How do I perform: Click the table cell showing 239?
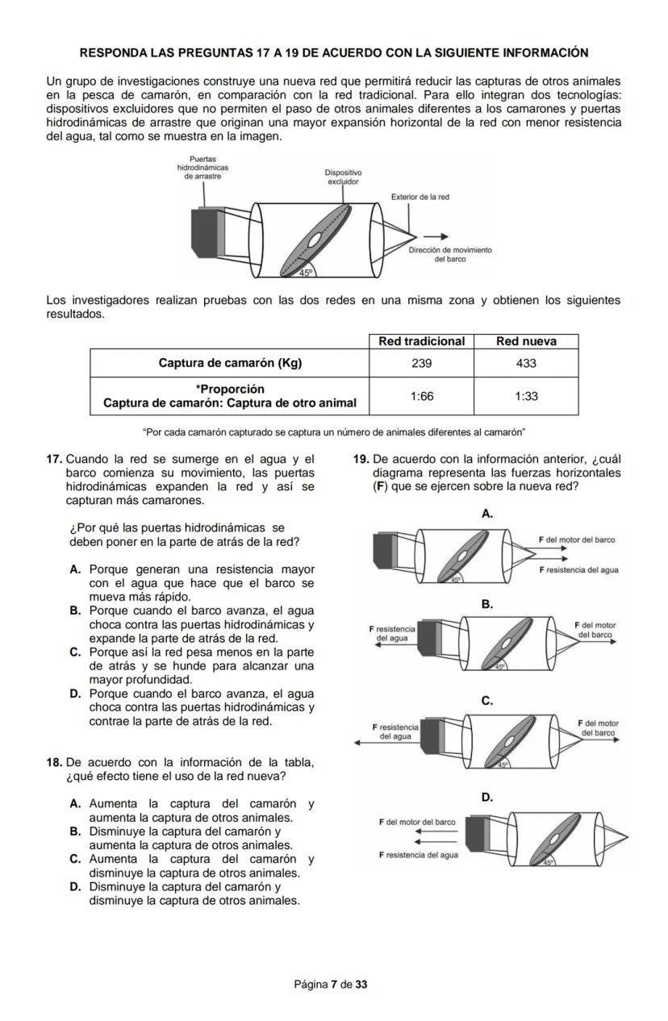click(421, 363)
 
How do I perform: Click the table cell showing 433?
click(526, 363)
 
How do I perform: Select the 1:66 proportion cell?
click(421, 396)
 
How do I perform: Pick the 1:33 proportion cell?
click(526, 396)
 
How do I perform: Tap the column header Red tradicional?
click(421, 341)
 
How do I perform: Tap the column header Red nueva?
click(526, 341)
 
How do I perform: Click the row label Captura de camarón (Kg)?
click(230, 363)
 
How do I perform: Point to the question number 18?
click(54, 763)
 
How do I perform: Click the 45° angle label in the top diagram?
click(306, 273)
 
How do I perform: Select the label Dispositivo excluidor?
click(343, 177)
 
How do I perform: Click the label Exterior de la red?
click(420, 197)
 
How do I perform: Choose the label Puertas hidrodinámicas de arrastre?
click(202, 167)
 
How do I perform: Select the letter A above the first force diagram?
click(486, 514)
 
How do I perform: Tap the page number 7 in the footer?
click(334, 984)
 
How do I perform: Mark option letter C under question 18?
click(75, 860)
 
